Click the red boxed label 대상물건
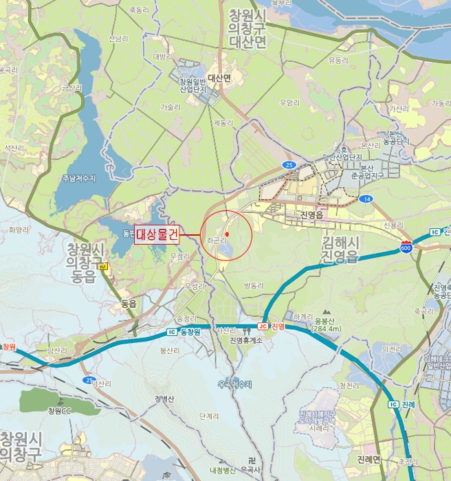coord(157,234)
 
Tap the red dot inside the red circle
coord(226,234)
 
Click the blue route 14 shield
coord(368,199)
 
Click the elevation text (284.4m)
coord(326,328)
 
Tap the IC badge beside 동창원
coord(171,332)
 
